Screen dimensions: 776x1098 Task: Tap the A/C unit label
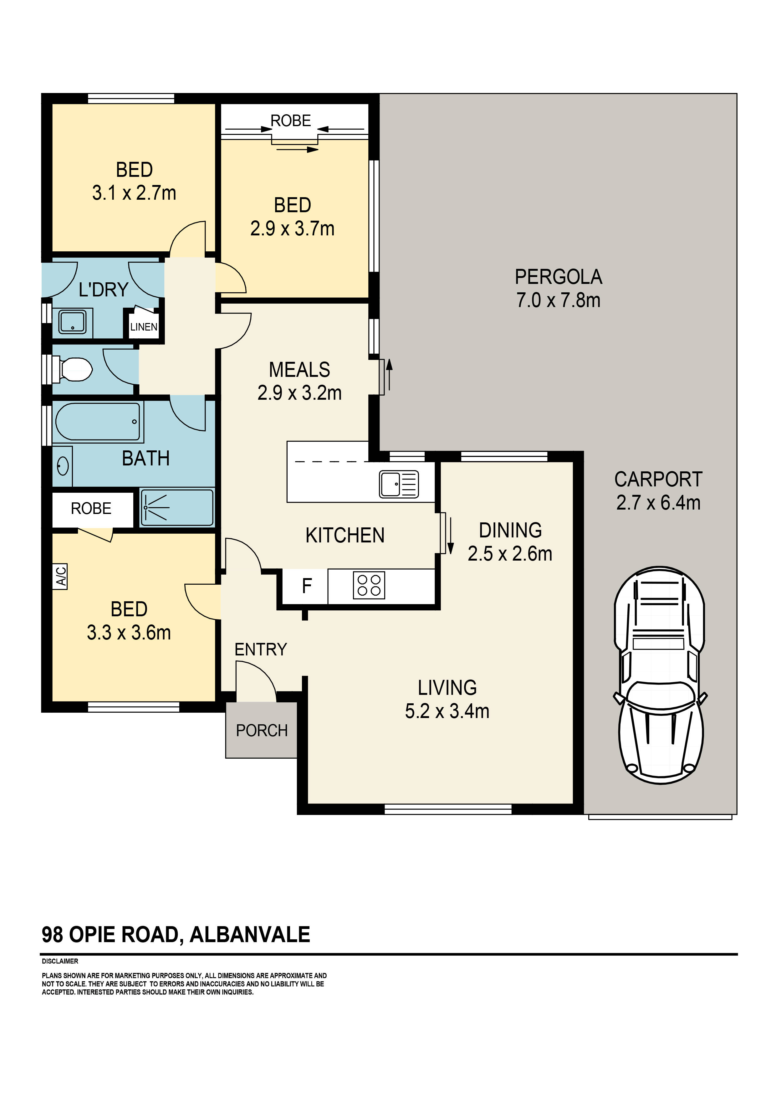[x=61, y=576]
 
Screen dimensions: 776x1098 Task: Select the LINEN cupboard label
[x=143, y=327]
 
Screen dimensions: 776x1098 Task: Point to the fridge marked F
[x=306, y=585]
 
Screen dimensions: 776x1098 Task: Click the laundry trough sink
[x=72, y=321]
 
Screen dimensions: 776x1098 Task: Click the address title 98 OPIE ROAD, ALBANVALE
[x=176, y=935]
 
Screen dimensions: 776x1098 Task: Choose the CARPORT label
[x=658, y=479]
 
